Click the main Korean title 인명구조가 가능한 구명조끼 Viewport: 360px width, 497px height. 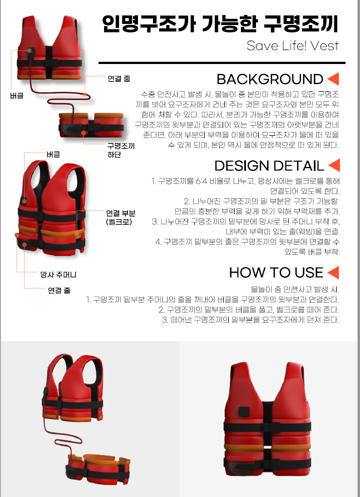(220, 24)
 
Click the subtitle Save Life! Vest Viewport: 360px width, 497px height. (293, 46)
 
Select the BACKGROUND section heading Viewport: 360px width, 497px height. (270, 79)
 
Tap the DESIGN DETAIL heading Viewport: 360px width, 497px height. (269, 165)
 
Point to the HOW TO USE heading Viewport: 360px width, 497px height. (277, 273)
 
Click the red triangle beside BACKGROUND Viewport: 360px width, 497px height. (333, 79)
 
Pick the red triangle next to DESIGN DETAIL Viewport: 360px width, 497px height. (334, 165)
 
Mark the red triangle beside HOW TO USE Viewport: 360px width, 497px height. (333, 273)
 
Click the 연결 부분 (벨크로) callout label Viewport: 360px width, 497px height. (120, 218)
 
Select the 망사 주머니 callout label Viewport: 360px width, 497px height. (58, 274)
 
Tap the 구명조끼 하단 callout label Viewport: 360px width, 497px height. (121, 150)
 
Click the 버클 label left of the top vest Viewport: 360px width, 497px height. (17, 95)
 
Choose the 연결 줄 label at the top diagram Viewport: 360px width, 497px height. (119, 78)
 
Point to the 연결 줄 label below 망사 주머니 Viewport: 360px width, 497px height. (59, 290)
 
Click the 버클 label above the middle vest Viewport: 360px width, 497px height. (53, 154)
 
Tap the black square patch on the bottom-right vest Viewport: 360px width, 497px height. (244, 411)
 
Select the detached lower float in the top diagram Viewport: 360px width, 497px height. (91, 125)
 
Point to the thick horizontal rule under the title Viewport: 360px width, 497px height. (222, 63)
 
